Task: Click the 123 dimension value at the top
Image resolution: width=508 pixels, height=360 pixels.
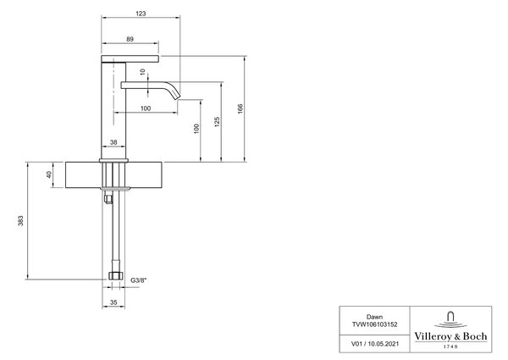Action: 141,14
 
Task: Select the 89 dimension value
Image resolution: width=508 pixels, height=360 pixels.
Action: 130,39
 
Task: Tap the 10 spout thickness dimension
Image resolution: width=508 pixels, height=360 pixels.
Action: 143,72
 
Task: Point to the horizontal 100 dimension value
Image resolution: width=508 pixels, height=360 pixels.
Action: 146,108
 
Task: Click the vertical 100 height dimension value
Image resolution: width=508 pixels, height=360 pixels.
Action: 196,129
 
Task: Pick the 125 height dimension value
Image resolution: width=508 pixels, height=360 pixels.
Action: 217,122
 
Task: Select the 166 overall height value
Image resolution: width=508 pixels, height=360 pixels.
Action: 240,108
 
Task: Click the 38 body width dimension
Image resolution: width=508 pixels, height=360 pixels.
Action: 113,142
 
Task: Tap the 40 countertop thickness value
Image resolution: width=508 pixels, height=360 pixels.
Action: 49,174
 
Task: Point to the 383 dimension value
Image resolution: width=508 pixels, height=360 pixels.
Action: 20,221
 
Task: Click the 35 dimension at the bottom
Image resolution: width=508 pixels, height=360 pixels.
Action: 113,302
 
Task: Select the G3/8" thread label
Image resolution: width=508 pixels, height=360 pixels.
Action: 138,280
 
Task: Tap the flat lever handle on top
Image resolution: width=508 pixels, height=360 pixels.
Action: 130,58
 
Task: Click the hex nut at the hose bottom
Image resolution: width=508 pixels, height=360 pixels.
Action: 115,276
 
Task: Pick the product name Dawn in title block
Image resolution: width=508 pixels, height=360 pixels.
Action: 374,317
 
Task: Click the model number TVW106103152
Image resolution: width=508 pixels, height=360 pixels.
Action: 374,324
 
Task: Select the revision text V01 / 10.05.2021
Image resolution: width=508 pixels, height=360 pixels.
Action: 375,344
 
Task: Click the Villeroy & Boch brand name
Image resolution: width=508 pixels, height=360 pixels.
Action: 450,336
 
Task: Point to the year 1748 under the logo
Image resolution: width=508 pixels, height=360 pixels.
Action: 450,346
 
